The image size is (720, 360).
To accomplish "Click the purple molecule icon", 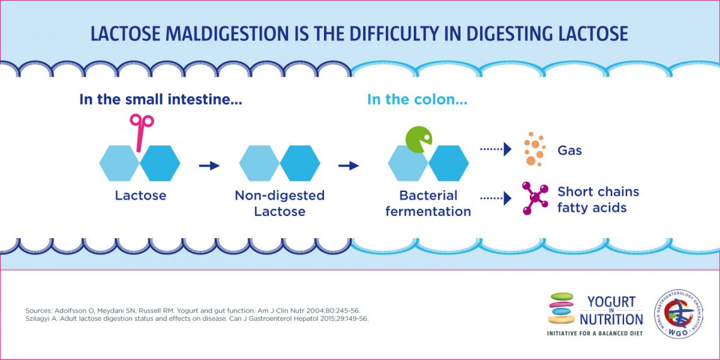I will click(534, 198).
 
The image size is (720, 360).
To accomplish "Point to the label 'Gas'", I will click(569, 152).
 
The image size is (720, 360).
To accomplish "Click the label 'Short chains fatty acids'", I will click(597, 199).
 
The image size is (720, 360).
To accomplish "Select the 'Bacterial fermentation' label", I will click(428, 203).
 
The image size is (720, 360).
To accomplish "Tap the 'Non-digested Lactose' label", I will click(279, 203).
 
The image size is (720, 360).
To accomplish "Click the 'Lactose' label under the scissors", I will click(140, 196).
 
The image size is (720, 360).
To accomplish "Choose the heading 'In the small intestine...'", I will click(160, 99).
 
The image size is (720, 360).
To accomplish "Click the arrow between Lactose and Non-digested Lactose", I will click(209, 165).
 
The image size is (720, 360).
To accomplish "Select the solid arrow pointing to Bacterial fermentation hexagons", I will click(348, 165).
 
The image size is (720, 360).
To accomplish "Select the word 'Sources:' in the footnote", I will click(40, 311).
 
